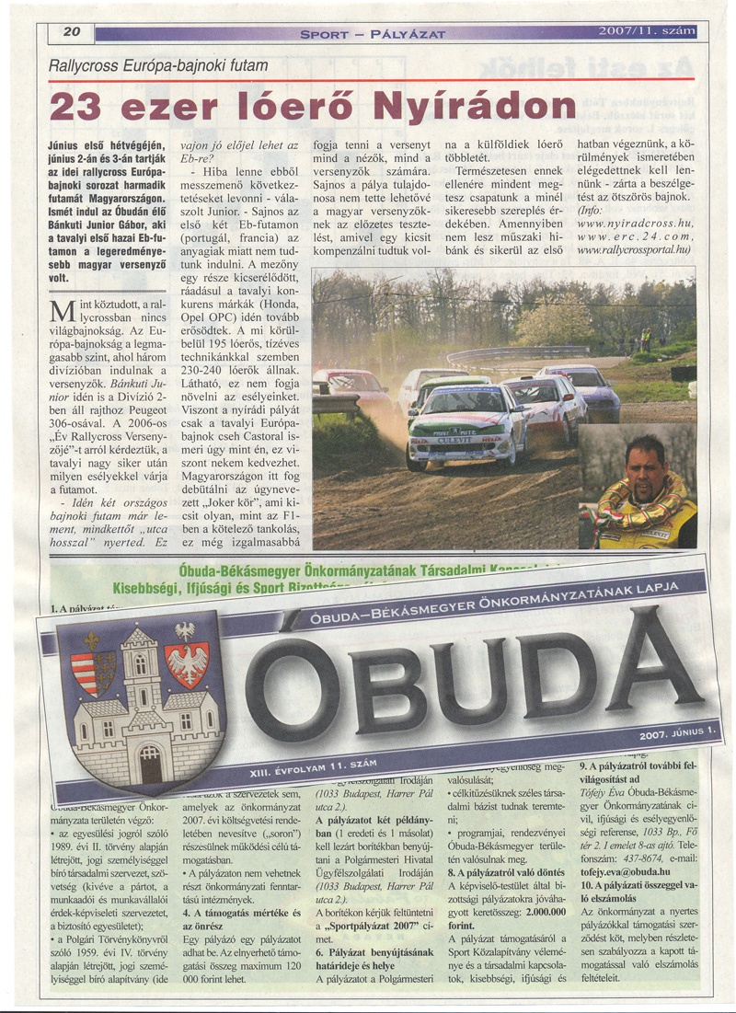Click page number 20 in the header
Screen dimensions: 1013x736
click(74, 32)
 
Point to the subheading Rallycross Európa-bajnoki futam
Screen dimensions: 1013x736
click(158, 66)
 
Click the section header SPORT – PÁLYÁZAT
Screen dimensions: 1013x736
click(373, 34)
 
